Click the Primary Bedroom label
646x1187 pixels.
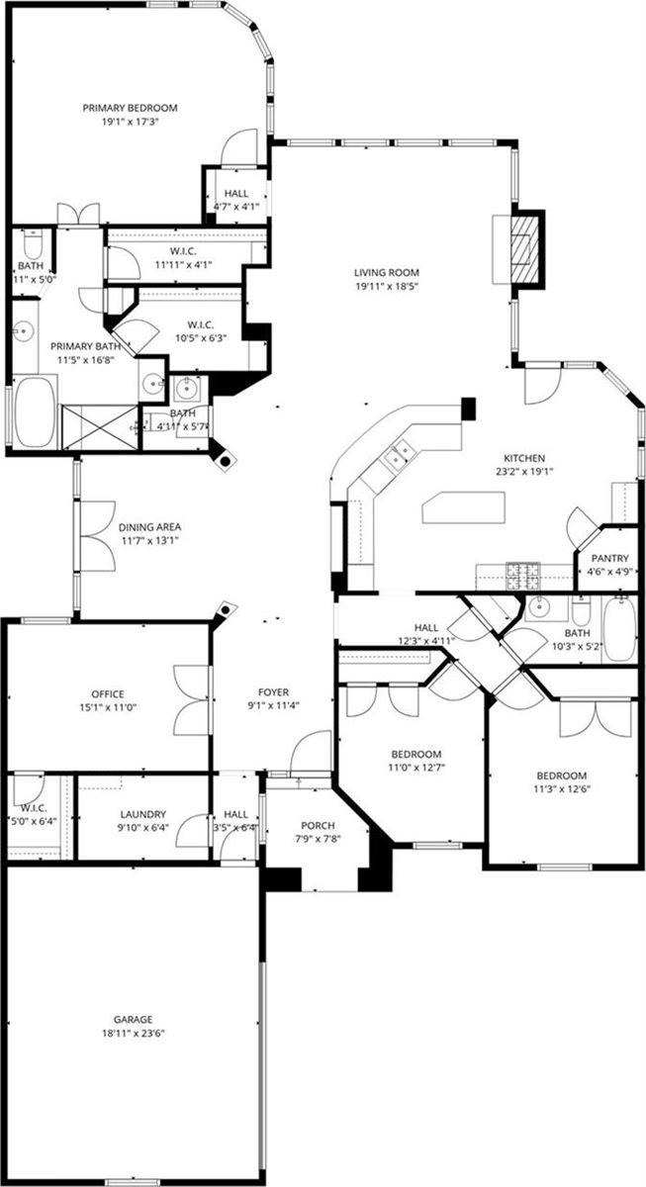130,108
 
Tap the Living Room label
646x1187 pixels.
388,273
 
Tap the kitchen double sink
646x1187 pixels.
399,455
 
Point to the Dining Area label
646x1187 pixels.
150,527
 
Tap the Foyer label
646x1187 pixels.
272,692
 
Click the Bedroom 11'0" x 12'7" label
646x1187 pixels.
413,754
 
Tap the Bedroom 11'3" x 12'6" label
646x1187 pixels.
561,776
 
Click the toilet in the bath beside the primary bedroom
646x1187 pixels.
30,243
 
